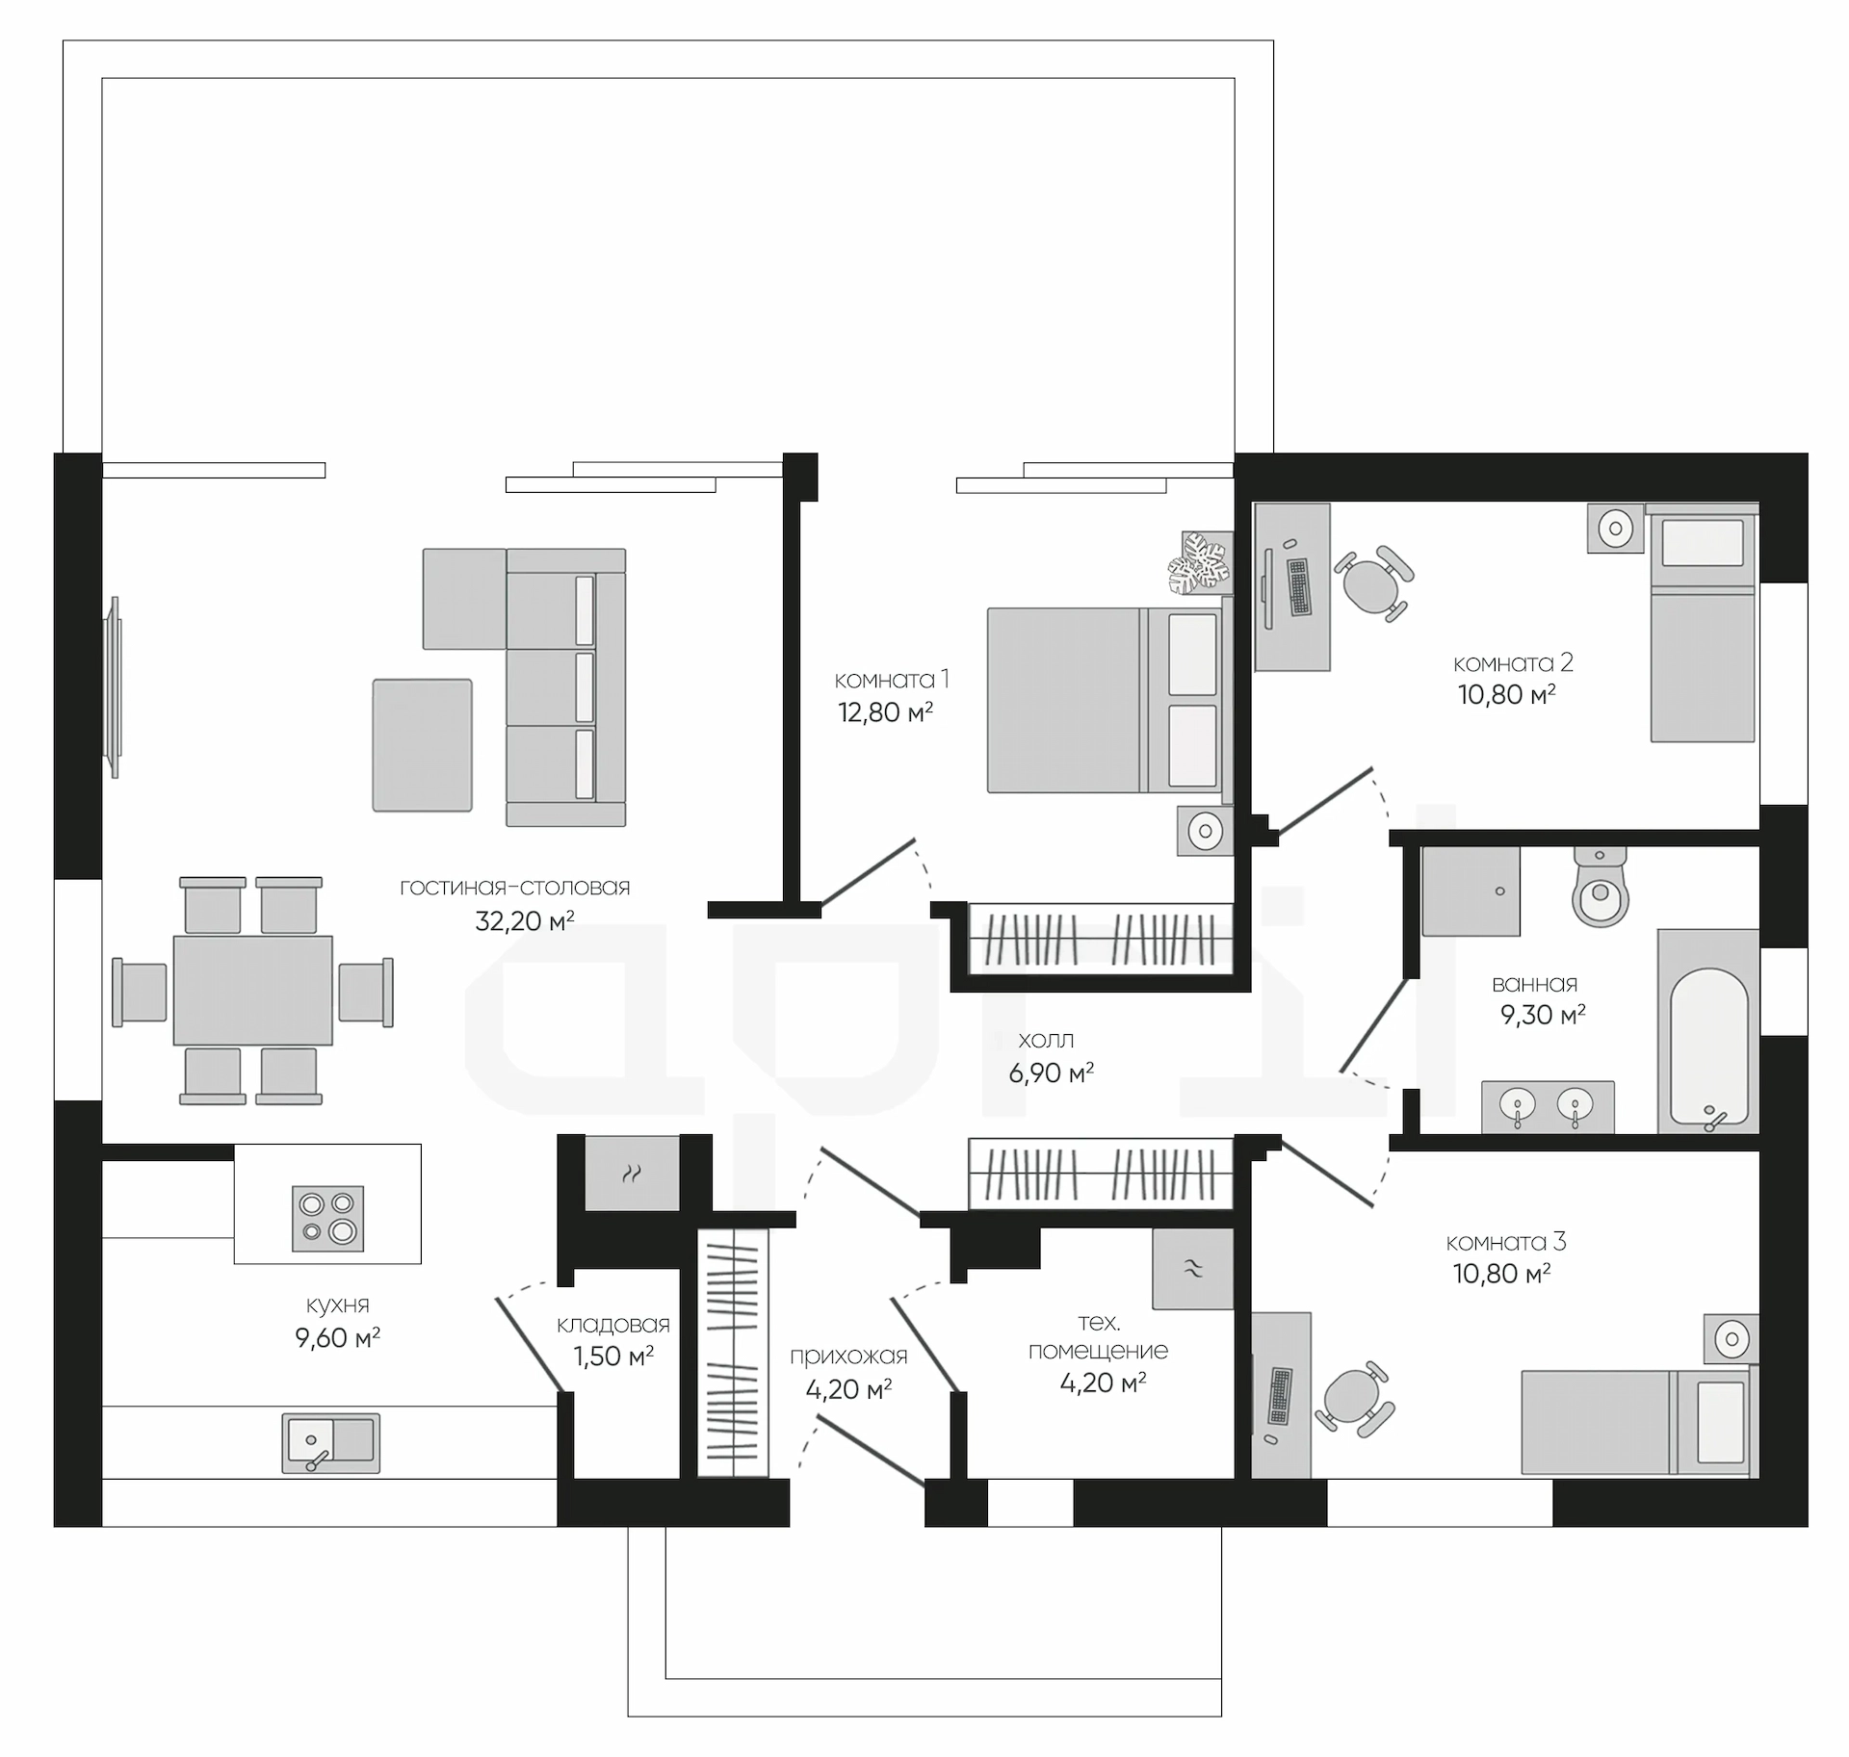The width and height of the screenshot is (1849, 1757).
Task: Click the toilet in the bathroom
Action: click(x=1600, y=887)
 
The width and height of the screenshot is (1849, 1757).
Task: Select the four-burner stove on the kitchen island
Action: click(x=327, y=1218)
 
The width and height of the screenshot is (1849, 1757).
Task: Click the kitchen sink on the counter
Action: click(x=330, y=1443)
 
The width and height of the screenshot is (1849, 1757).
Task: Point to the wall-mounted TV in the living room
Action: click(x=115, y=687)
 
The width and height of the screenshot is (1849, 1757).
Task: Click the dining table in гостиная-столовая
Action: click(x=252, y=991)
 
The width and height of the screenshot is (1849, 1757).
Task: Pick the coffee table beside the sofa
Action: click(x=422, y=745)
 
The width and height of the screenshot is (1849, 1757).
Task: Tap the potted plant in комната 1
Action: click(x=1199, y=563)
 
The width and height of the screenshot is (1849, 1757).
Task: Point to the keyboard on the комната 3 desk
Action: click(x=1280, y=1396)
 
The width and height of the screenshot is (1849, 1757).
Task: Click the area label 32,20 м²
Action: click(x=524, y=921)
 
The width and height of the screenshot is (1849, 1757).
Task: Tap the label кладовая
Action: click(x=612, y=1326)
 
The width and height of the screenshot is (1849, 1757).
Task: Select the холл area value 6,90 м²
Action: click(x=1051, y=1072)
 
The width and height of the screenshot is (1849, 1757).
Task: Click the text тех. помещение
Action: click(x=1098, y=1336)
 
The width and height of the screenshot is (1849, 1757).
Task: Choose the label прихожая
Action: click(x=848, y=1357)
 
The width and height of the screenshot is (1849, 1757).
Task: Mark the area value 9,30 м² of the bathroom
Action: click(x=1543, y=1015)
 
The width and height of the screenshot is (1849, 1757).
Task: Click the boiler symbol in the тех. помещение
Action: click(x=1193, y=1269)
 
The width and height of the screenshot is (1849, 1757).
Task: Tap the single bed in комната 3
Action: click(x=1639, y=1423)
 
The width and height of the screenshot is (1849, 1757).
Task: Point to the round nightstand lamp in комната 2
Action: click(x=1615, y=528)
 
